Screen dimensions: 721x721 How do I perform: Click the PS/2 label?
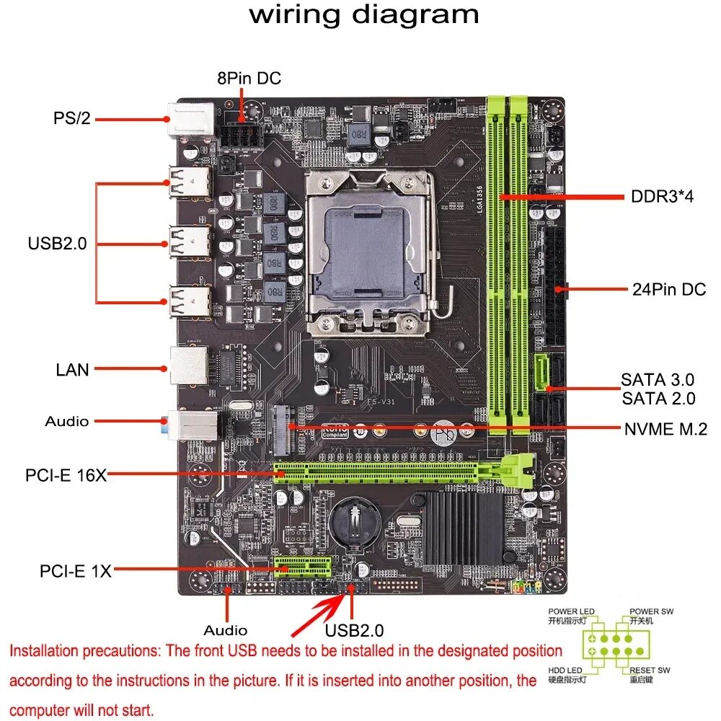72,118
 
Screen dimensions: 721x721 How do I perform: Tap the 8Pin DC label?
249,78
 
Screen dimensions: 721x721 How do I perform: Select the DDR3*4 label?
662,196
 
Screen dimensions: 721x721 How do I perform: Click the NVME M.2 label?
665,429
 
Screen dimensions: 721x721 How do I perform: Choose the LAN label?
72,370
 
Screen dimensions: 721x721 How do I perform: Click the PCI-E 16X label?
66,475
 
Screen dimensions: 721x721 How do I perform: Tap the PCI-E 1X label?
76,571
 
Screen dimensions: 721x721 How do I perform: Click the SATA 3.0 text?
658,379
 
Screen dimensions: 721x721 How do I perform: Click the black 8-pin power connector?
242,136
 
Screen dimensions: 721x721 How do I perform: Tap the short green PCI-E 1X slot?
302,567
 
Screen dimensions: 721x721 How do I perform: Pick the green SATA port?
543,371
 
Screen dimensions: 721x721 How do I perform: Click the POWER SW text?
651,611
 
